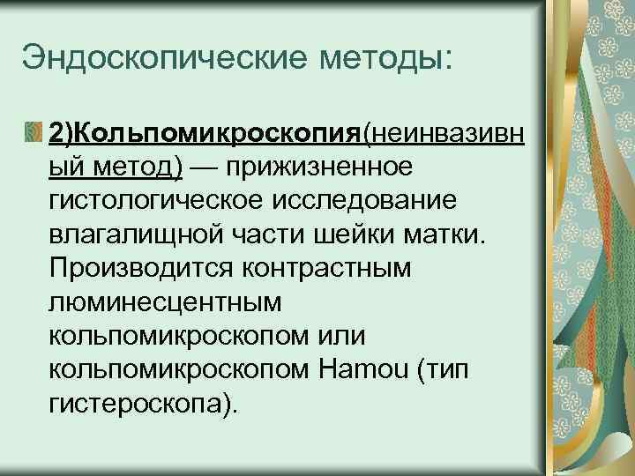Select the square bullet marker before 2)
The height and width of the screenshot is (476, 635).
coord(33,132)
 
